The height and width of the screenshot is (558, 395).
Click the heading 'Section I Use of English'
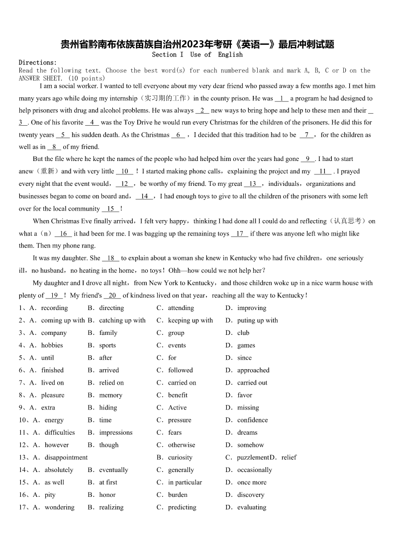(x=197, y=55)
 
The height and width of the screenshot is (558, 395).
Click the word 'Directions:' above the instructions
(x=38, y=63)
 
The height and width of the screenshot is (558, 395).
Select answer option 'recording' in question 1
(x=54, y=308)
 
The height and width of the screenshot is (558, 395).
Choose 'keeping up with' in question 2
(x=190, y=320)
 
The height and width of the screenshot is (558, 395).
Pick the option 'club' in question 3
(x=243, y=333)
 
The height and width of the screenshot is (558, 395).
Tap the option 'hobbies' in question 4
(x=52, y=345)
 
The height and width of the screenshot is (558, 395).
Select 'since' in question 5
(x=244, y=358)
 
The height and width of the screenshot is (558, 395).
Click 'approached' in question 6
(x=253, y=370)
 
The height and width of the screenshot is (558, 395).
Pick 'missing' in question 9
(x=248, y=407)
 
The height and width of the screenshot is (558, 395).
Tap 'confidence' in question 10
(x=252, y=420)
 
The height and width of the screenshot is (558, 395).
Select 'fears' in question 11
(x=175, y=432)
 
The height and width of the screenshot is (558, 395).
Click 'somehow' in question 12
(x=250, y=445)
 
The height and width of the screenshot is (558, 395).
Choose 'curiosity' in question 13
(x=180, y=457)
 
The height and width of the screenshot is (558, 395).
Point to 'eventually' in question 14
(x=113, y=470)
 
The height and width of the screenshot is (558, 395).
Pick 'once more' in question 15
(x=252, y=482)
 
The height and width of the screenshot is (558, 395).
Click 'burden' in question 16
(x=178, y=494)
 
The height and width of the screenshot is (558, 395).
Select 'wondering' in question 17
(x=59, y=507)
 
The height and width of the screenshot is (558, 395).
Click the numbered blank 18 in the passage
(x=111, y=258)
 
